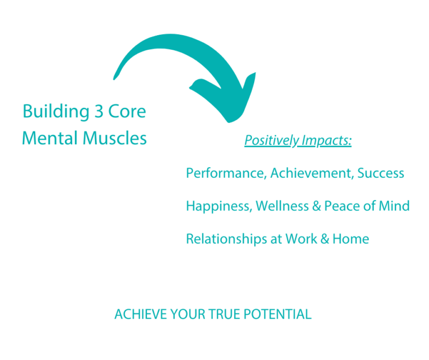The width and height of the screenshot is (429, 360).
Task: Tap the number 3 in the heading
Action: pos(99,111)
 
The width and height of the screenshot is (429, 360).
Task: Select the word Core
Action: pos(127,111)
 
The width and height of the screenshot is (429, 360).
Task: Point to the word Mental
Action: pos(50,138)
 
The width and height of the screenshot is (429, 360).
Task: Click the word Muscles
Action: pos(115,138)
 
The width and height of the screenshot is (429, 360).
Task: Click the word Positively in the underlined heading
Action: pos(271,141)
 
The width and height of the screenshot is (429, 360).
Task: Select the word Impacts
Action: pos(327,141)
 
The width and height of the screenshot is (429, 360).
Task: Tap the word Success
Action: pos(381,173)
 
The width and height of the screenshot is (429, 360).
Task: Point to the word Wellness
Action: pos(282,206)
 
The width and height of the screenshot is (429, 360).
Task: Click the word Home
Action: pos(351,239)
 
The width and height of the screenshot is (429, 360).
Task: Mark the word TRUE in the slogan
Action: pos(225,314)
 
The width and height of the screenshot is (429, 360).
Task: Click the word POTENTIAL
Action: pos(278,314)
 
